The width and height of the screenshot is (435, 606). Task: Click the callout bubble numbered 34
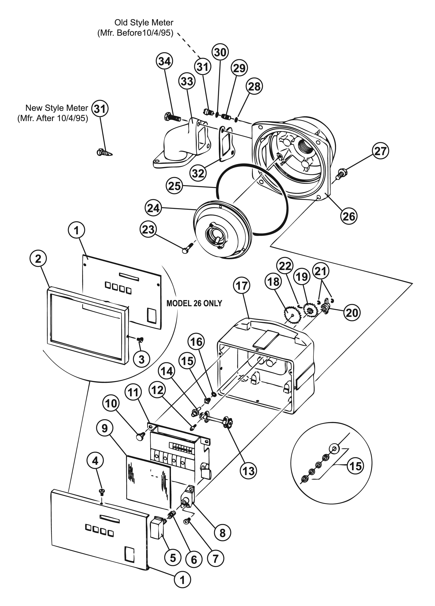coord(164,61)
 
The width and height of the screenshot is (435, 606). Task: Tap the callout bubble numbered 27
coord(380,151)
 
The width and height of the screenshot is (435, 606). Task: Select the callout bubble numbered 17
coord(241,286)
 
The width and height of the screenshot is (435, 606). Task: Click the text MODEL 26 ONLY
coord(194,303)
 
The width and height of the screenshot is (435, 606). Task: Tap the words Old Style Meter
coord(144,22)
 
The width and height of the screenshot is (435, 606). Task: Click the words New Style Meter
coord(57,108)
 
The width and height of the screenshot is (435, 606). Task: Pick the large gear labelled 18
coord(292,315)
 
